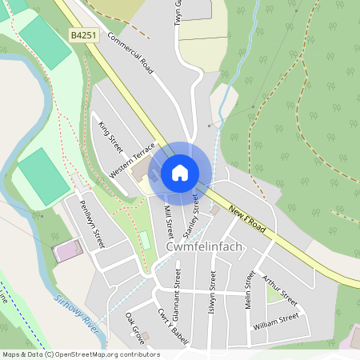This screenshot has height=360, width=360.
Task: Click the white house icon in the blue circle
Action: [x=180, y=173]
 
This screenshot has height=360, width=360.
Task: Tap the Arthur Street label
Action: [x=280, y=291]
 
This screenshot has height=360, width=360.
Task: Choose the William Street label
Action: [x=275, y=322]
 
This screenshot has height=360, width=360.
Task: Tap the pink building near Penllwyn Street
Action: [x=67, y=251]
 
